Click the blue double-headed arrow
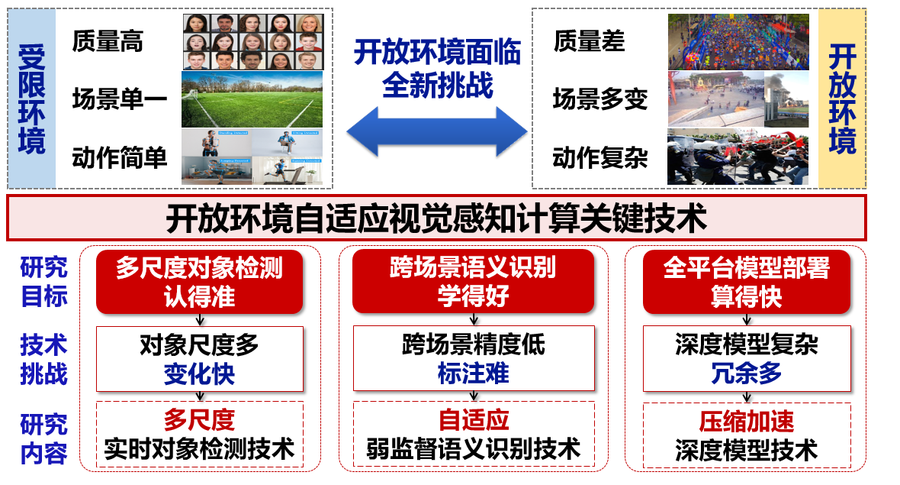point(437,131)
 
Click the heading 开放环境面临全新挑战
point(437,69)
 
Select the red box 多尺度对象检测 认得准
point(199,282)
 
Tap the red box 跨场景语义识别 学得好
point(473,282)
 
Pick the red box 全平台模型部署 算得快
point(746,282)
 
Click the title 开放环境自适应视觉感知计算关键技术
point(436,218)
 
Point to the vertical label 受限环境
point(31,99)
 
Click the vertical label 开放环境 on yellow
point(842,99)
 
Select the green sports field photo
point(252,99)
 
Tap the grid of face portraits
point(253,42)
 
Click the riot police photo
point(738,157)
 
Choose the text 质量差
point(589,41)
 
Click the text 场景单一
point(120,99)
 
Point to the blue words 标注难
point(473,373)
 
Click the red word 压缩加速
point(746,422)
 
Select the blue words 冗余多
point(746,373)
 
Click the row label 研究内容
point(43,438)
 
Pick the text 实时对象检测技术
point(199,449)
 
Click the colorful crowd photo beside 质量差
point(738,42)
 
